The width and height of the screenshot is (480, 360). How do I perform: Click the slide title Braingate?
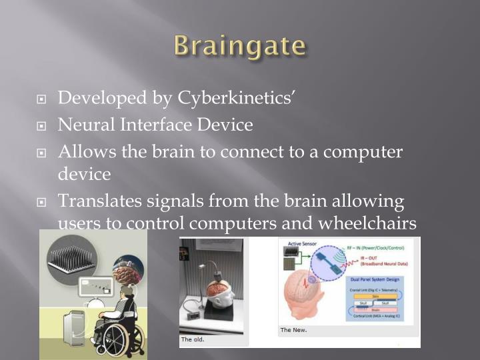coord(240,47)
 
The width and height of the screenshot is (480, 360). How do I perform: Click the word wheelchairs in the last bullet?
coord(365,224)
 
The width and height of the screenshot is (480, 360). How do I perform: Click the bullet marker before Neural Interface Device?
coord(42,126)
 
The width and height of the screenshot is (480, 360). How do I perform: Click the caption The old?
coord(193,339)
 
